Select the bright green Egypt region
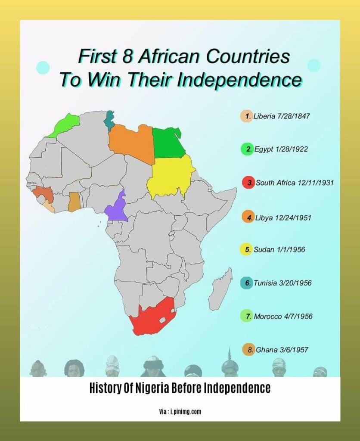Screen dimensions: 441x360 168,143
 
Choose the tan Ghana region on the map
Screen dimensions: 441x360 74,202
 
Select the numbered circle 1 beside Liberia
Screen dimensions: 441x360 246,116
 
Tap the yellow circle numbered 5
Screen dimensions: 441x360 246,250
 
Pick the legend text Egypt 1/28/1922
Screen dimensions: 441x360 280,149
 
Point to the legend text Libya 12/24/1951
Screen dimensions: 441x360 282,217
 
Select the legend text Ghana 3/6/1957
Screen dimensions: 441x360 282,350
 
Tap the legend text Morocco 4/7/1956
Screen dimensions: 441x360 282,317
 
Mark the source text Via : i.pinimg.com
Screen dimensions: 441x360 180,412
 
